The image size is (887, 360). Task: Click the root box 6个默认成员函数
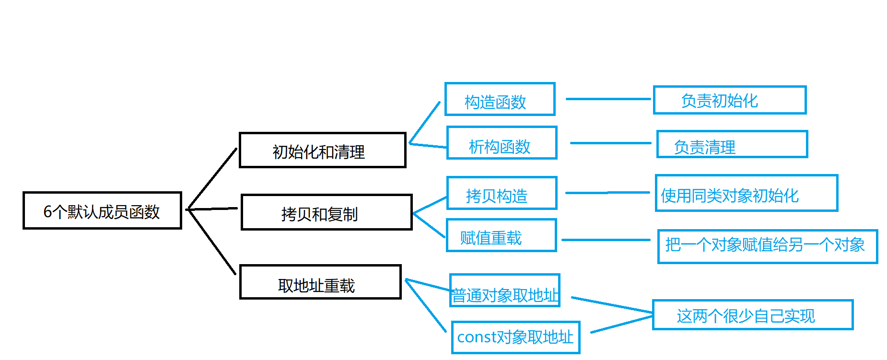[102, 211]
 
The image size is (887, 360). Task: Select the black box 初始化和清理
[322, 151]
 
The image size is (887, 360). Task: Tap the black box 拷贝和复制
[326, 212]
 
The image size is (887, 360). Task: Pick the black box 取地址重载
[320, 282]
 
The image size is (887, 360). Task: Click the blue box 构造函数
[500, 99]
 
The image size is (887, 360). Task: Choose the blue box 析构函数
[502, 143]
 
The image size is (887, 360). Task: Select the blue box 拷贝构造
[502, 193]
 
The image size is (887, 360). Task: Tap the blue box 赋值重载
[501, 235]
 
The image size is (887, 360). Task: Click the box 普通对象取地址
[504, 291]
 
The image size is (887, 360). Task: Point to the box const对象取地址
[515, 337]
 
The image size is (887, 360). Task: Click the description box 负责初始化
[729, 100]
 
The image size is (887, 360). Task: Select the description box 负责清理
[732, 144]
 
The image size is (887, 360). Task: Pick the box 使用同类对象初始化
[746, 193]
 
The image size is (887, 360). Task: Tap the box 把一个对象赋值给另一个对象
[767, 246]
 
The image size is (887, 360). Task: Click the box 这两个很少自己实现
[752, 315]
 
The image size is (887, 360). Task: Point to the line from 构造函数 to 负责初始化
[608, 99]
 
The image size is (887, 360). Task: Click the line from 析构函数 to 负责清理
[610, 143]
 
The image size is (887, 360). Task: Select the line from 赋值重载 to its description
[606, 240]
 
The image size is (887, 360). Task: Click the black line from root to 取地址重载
[211, 241]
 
